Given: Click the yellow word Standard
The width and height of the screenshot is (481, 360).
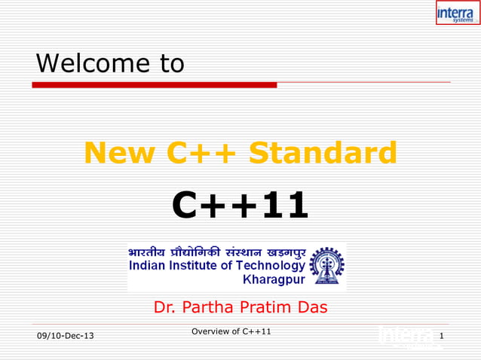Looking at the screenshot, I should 323,153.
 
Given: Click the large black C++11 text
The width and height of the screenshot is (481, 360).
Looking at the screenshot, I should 240,205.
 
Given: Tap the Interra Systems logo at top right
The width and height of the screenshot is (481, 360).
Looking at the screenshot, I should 457,13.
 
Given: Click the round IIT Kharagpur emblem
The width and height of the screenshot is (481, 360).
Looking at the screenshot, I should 327,267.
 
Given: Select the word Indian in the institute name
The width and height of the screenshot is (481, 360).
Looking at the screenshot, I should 149,265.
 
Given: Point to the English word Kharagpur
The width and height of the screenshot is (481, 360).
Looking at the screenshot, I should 274,280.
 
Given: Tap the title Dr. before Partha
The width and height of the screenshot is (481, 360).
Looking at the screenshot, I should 165,307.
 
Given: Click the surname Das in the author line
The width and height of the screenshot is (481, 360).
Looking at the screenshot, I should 311,307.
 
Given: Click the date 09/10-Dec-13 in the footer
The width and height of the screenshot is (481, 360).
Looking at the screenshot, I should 66,335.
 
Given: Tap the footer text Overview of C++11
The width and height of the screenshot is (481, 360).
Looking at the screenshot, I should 231,331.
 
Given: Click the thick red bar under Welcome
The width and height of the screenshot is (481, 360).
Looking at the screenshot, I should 154,85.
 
